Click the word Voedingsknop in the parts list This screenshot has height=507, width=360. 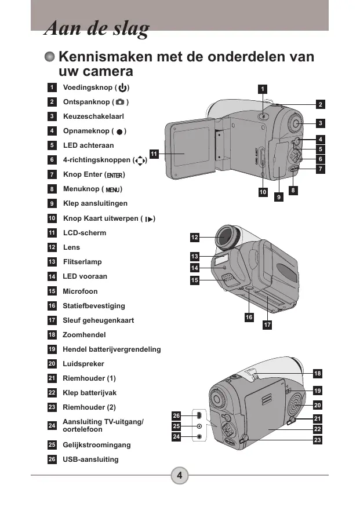click(88, 87)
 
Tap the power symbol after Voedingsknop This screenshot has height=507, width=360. click(122, 87)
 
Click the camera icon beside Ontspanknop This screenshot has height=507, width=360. click(120, 102)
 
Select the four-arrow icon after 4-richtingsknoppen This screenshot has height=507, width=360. click(140, 160)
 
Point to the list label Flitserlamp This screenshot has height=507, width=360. click(82, 261)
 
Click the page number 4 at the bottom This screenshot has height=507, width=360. click(180, 475)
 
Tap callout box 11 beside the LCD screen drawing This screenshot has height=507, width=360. click(154, 154)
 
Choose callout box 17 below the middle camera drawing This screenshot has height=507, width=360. click(267, 324)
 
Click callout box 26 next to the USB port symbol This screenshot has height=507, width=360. click(176, 415)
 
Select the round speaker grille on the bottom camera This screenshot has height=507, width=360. click(295, 405)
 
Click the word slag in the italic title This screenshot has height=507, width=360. click(132, 28)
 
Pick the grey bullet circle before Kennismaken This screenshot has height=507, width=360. click(50, 57)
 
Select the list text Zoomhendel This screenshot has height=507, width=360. click(84, 335)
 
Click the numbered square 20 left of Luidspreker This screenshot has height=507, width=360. click(52, 364)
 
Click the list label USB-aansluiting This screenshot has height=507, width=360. click(90, 459)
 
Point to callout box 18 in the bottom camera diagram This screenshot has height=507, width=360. click(318, 374)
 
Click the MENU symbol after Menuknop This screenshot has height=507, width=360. click(112, 189)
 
